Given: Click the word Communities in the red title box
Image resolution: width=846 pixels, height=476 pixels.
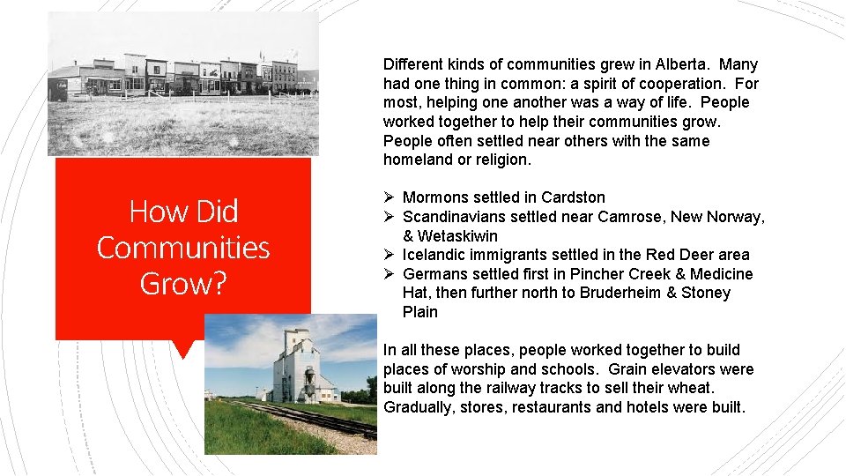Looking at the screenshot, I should [183, 248].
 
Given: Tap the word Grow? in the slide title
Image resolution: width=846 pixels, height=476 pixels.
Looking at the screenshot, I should [183, 284].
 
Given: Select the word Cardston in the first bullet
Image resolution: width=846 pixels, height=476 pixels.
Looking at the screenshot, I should [573, 197].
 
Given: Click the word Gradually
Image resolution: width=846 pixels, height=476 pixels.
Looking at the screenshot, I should [418, 407].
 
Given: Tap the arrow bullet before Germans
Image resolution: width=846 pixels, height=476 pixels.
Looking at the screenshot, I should [390, 274].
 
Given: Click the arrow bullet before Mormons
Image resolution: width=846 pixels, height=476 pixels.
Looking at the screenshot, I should [390, 197].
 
